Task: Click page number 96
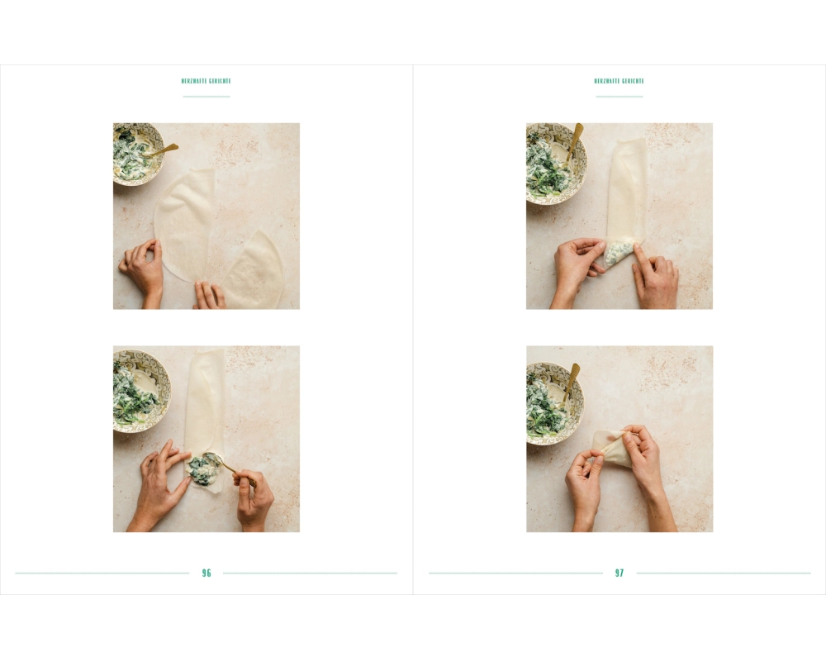click(206, 573)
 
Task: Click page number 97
click(619, 573)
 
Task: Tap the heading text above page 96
click(206, 81)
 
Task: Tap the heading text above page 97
click(619, 81)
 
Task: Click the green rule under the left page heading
click(206, 97)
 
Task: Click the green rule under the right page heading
click(619, 97)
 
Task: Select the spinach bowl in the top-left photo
click(136, 153)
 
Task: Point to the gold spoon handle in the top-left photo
click(164, 150)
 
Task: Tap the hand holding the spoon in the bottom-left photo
click(254, 501)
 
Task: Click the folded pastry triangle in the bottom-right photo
click(615, 448)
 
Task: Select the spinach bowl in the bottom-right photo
click(554, 403)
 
